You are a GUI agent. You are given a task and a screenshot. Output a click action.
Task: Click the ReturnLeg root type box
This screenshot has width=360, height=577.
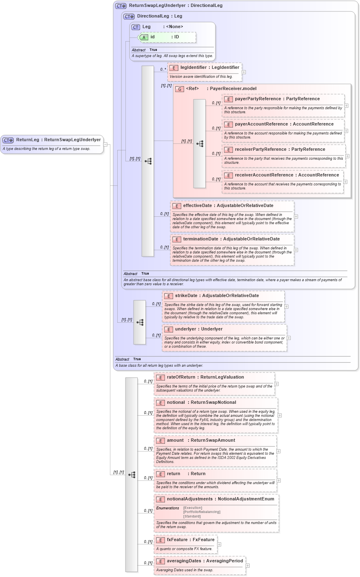pyautogui.click(x=52, y=140)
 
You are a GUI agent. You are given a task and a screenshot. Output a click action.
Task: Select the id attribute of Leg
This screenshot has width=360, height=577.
pyautogui.click(x=152, y=37)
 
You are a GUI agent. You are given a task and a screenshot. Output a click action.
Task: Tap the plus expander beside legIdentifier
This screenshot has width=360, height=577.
pyautogui.click(x=244, y=72)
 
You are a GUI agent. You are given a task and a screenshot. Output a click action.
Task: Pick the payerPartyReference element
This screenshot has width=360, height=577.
pyautogui.click(x=277, y=99)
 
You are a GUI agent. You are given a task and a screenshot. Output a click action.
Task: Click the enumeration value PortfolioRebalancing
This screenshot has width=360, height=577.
pyautogui.click(x=202, y=512)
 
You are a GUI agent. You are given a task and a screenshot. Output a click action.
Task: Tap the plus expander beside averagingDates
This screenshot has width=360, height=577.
pyautogui.click(x=248, y=566)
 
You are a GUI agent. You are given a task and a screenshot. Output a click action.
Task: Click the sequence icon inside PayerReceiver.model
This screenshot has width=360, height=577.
pyautogui.click(x=200, y=144)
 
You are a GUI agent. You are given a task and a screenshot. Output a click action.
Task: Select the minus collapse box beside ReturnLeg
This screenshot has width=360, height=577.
pyautogui.click(x=105, y=144)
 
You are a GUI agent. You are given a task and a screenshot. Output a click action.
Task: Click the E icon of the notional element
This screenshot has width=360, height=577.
pyautogui.click(x=160, y=403)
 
